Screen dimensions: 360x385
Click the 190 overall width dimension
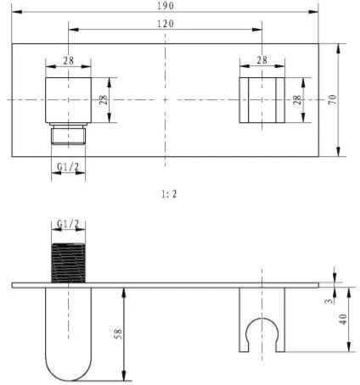click(x=166, y=6)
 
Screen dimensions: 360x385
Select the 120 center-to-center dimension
click(x=166, y=24)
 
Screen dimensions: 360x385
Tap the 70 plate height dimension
click(x=333, y=100)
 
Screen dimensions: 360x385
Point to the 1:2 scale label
click(x=169, y=194)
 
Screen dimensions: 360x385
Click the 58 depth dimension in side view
click(x=119, y=333)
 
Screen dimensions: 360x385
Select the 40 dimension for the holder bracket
click(x=343, y=320)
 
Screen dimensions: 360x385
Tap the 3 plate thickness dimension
click(x=329, y=301)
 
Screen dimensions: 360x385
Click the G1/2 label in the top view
click(x=68, y=167)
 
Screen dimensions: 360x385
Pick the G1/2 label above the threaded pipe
click(x=68, y=224)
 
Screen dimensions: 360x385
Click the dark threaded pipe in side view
click(x=68, y=263)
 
